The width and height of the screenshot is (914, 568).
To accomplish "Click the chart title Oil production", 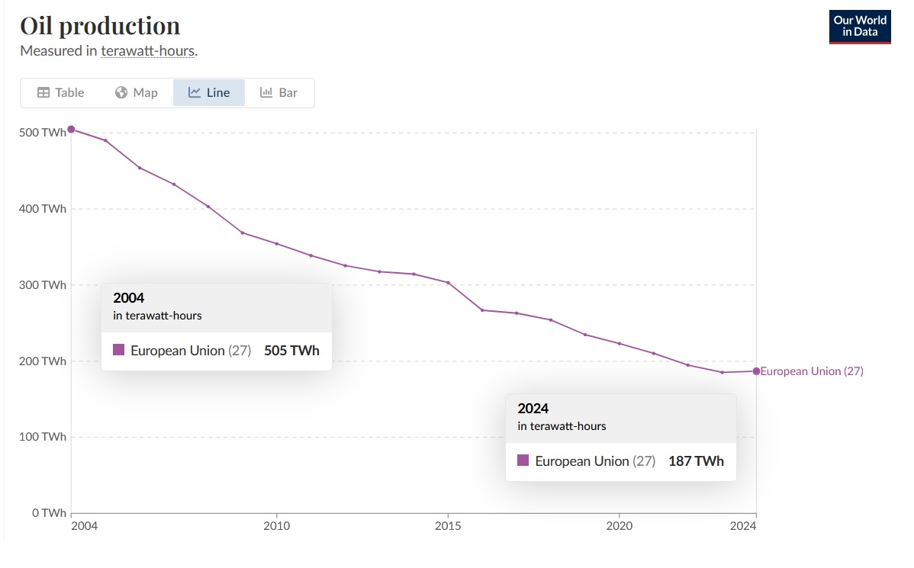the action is tap(100, 26).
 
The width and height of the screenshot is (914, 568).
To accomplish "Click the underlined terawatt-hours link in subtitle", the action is tap(147, 51).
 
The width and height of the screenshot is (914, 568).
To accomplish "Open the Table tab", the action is tap(60, 92).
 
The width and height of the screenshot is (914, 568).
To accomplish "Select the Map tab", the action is tap(137, 92).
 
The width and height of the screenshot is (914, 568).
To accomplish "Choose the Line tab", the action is tap(209, 92).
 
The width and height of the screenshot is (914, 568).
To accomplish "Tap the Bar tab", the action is tap(278, 92).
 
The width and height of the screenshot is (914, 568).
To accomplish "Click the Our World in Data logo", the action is tap(860, 26).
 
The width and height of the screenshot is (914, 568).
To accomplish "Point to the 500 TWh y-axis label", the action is tap(43, 133).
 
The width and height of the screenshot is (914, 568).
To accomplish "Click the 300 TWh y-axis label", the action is tap(43, 285).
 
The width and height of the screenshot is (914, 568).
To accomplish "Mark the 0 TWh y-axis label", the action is tap(49, 512).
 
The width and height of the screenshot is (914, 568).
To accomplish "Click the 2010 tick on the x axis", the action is tap(276, 526).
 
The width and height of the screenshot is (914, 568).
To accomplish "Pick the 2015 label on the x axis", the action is tap(448, 526).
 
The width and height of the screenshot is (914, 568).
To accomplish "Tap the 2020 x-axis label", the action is tap(619, 526).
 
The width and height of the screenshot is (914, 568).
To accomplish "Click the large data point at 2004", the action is tap(71, 130).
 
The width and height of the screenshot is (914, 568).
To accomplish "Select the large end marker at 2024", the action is tap(757, 371).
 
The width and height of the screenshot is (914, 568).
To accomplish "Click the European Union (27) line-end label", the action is tap(812, 371).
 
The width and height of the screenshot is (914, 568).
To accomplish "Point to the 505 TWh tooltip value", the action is tap(291, 351).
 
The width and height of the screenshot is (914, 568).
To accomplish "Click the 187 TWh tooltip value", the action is tap(696, 461).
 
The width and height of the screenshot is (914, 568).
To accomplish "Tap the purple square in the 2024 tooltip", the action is tap(523, 460).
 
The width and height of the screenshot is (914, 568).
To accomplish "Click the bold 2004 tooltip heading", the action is tap(128, 297).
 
